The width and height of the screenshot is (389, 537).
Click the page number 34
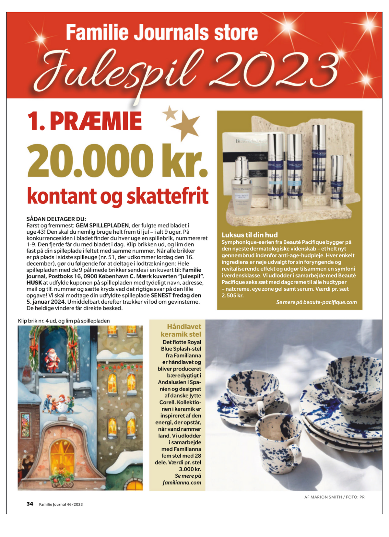(x=30, y=504)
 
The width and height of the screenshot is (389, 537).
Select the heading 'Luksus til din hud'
(x=249, y=235)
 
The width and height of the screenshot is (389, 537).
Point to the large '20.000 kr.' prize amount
(x=117, y=161)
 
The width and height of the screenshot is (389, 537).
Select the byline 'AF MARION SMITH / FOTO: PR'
(x=334, y=497)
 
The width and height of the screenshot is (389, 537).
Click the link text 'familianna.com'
(x=182, y=483)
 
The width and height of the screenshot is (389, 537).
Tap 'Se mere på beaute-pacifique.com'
(x=316, y=302)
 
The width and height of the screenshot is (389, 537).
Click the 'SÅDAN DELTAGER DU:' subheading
(x=56, y=219)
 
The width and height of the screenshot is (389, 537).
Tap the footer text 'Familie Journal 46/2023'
(x=61, y=504)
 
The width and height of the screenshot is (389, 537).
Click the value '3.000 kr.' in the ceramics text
(x=190, y=469)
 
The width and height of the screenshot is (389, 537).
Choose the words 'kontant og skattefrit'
(x=117, y=196)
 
